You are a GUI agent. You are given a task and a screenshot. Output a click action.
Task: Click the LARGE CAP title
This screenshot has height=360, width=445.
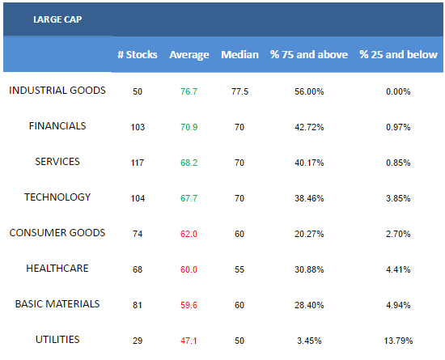tap(57, 19)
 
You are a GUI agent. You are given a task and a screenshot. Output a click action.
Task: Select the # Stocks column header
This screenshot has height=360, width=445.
tap(138, 54)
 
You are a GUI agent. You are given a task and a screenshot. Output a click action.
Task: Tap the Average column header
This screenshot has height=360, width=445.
tap(189, 55)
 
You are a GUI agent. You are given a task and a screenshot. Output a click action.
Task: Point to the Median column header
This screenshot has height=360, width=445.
tap(239, 54)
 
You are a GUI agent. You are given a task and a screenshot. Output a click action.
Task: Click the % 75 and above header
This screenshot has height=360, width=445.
tap(309, 54)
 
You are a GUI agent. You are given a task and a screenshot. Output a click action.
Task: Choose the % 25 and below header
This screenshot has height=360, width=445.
tap(398, 54)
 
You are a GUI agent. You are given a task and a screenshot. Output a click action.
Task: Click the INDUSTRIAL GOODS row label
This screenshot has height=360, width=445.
tap(57, 91)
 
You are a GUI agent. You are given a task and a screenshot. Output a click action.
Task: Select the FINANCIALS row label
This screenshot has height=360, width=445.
tap(57, 126)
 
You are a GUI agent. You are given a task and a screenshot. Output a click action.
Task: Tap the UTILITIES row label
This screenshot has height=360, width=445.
tap(57, 340)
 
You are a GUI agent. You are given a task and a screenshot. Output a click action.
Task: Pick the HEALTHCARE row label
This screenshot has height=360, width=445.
tap(57, 269)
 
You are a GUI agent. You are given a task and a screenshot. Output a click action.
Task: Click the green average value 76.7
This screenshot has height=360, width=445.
tap(189, 91)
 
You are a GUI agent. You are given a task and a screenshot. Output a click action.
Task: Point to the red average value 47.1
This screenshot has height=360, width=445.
tap(189, 341)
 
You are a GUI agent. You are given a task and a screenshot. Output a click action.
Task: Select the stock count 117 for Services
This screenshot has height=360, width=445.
tap(138, 163)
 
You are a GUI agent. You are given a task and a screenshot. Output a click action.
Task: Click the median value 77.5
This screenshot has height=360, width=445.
tap(239, 91)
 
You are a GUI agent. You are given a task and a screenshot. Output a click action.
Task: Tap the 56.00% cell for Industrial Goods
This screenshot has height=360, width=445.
tap(309, 91)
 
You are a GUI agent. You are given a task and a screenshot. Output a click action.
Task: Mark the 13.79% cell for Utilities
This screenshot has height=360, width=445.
tap(398, 341)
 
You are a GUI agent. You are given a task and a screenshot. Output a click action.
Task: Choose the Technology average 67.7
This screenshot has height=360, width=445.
tap(189, 198)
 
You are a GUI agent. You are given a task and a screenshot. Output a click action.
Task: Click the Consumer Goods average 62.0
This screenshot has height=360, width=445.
tap(189, 234)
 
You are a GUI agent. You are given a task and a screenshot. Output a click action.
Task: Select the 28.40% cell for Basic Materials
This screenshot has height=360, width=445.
tap(309, 305)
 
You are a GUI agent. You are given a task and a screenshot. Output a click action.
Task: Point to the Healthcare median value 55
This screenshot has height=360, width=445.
tap(239, 269)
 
